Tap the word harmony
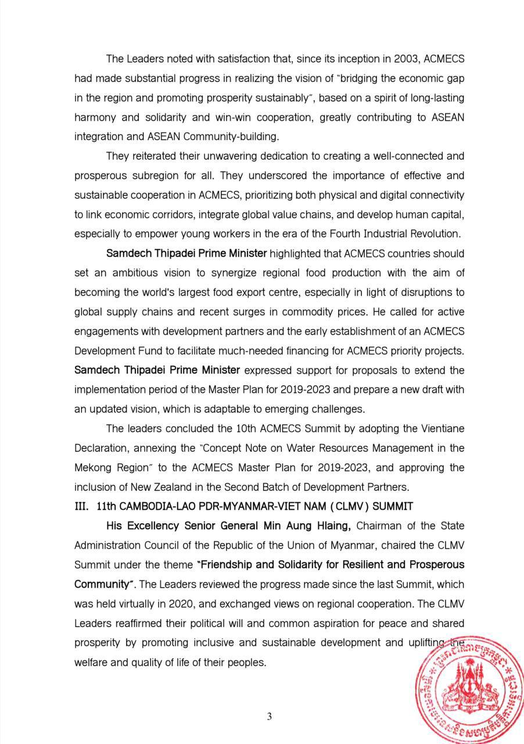94,117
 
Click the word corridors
168,214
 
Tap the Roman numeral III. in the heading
82,507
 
